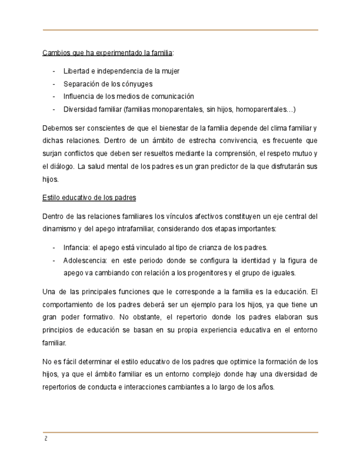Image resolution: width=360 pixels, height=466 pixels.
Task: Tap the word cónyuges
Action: (x=137, y=84)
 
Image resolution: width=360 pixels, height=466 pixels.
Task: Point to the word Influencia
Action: (x=79, y=96)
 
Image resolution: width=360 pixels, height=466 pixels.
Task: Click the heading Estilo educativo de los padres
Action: (x=90, y=197)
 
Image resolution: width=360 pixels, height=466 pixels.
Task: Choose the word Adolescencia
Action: (x=85, y=260)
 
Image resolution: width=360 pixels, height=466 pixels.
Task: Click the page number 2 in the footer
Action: (x=46, y=439)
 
